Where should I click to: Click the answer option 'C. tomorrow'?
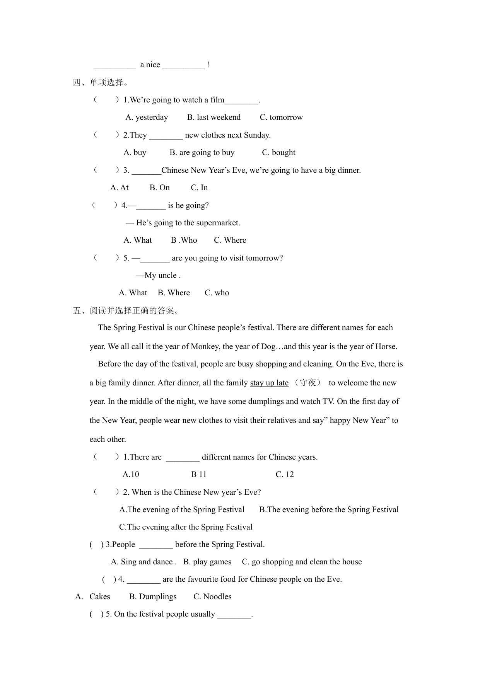point(281,118)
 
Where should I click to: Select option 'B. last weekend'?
point(214,118)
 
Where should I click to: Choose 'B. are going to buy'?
point(202,153)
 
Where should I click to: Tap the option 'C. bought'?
point(278,153)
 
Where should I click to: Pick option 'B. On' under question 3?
point(159,188)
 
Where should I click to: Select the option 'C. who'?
point(217,293)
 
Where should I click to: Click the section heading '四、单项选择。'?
point(101,82)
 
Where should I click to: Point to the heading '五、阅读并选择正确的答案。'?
point(126,310)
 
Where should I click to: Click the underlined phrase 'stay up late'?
point(269,383)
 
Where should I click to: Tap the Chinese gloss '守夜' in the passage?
point(308,383)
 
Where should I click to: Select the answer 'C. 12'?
point(285,475)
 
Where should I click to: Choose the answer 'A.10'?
point(131,475)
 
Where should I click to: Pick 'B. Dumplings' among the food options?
point(153,597)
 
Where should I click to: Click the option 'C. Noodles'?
point(212,597)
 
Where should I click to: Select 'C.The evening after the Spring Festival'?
point(186,527)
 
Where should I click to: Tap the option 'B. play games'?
point(207,562)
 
